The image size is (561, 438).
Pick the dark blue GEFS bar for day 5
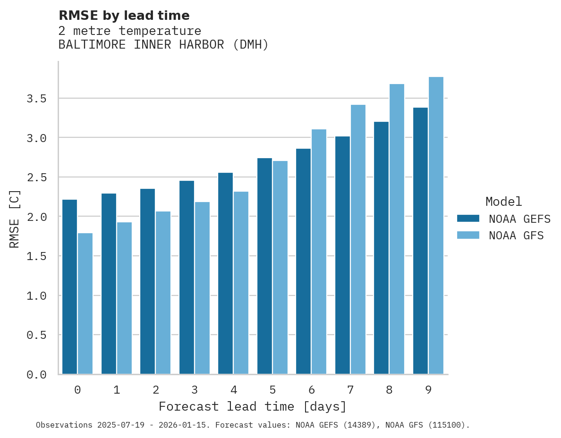[264, 266]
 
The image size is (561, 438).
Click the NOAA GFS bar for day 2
[163, 293]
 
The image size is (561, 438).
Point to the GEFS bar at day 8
[381, 248]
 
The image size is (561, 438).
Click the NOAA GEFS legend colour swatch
[468, 219]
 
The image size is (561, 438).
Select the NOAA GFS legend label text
[516, 236]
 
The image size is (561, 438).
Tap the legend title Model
[503, 202]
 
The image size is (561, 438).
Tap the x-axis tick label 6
[312, 390]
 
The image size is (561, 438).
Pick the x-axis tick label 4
[234, 390]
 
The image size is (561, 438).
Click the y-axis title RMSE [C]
[15, 219]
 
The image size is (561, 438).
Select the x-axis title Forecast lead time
[253, 406]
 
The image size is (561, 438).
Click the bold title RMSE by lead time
[124, 16]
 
